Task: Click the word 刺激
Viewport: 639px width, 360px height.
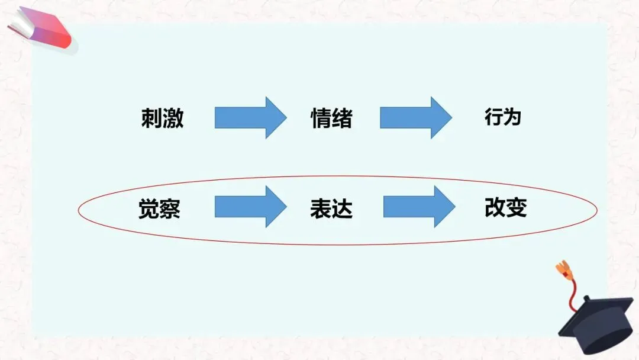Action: pos(162,118)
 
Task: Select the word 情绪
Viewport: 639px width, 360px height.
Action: pos(331,118)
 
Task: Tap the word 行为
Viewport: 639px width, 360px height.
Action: pos(502,118)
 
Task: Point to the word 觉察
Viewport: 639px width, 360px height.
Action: pos(159,209)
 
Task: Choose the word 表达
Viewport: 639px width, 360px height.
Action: pos(331,209)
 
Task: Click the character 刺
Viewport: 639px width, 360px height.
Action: pos(151,118)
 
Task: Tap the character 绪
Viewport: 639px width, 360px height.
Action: pos(342,118)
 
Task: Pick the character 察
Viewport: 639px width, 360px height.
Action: pos(170,209)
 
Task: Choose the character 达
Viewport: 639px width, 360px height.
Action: pos(342,209)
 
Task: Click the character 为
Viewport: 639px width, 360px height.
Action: pos(512,118)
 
